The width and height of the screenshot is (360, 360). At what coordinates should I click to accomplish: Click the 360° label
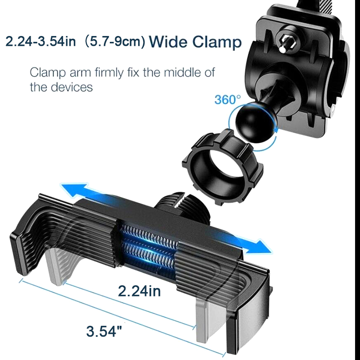pos(228,99)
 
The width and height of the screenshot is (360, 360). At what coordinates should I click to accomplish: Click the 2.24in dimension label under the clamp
pos(139,291)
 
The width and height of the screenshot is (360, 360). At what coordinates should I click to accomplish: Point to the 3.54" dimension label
pos(104,331)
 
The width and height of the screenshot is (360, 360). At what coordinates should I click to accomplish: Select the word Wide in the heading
pos(169,42)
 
